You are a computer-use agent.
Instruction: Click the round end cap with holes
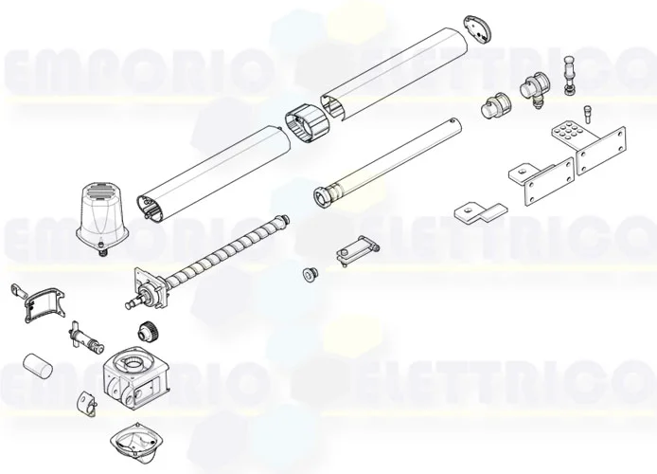pyautogui.click(x=482, y=27)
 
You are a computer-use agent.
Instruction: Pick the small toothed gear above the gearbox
pyautogui.click(x=147, y=332)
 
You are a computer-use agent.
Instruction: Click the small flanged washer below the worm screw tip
pyautogui.click(x=309, y=274)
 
